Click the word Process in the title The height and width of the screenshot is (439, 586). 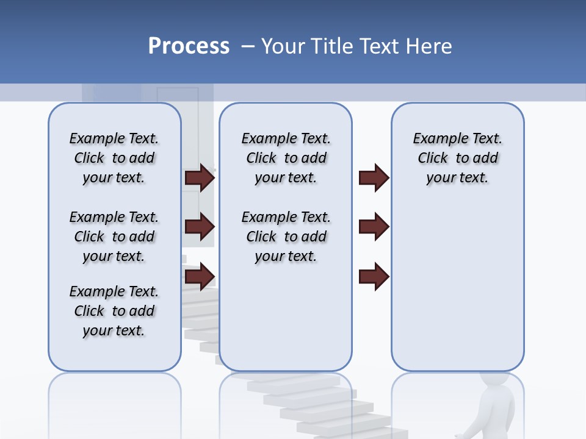coord(189,46)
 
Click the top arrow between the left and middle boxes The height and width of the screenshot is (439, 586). coord(200,177)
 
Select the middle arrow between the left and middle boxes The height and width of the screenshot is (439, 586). coord(200,227)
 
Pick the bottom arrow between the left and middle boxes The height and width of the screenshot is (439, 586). coord(200,277)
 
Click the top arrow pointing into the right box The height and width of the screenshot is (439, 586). coord(374,177)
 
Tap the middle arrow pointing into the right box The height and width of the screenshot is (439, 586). coord(374,227)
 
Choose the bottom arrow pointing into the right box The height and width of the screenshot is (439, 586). coord(374,277)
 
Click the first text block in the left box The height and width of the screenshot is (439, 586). coord(114,158)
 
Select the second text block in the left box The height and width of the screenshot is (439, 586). coord(114,237)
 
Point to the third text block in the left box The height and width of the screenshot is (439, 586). coord(114,311)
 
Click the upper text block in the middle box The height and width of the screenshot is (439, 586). coord(286,158)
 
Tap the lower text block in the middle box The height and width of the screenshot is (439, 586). coord(286,237)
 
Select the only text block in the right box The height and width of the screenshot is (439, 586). coord(457,158)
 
